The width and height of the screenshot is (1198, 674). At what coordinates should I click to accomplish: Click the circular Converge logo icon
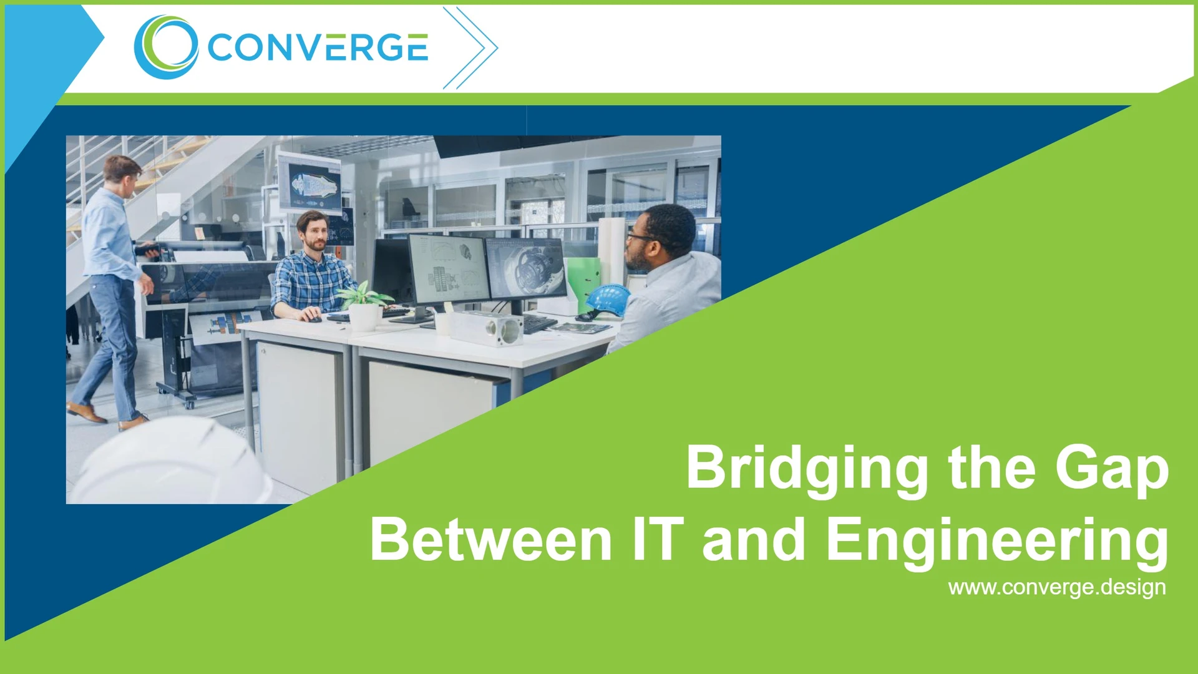166,47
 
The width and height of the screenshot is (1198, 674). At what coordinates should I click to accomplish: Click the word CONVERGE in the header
318,48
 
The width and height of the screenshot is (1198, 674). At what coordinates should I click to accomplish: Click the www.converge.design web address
1056,587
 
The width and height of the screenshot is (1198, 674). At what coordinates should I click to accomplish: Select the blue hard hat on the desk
608,299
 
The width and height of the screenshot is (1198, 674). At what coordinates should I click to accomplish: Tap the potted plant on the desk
364,305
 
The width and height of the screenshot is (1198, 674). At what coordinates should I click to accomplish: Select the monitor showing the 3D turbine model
525,268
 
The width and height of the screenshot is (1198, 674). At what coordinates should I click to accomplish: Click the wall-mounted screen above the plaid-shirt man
310,183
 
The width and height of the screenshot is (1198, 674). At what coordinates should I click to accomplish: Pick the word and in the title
754,540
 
